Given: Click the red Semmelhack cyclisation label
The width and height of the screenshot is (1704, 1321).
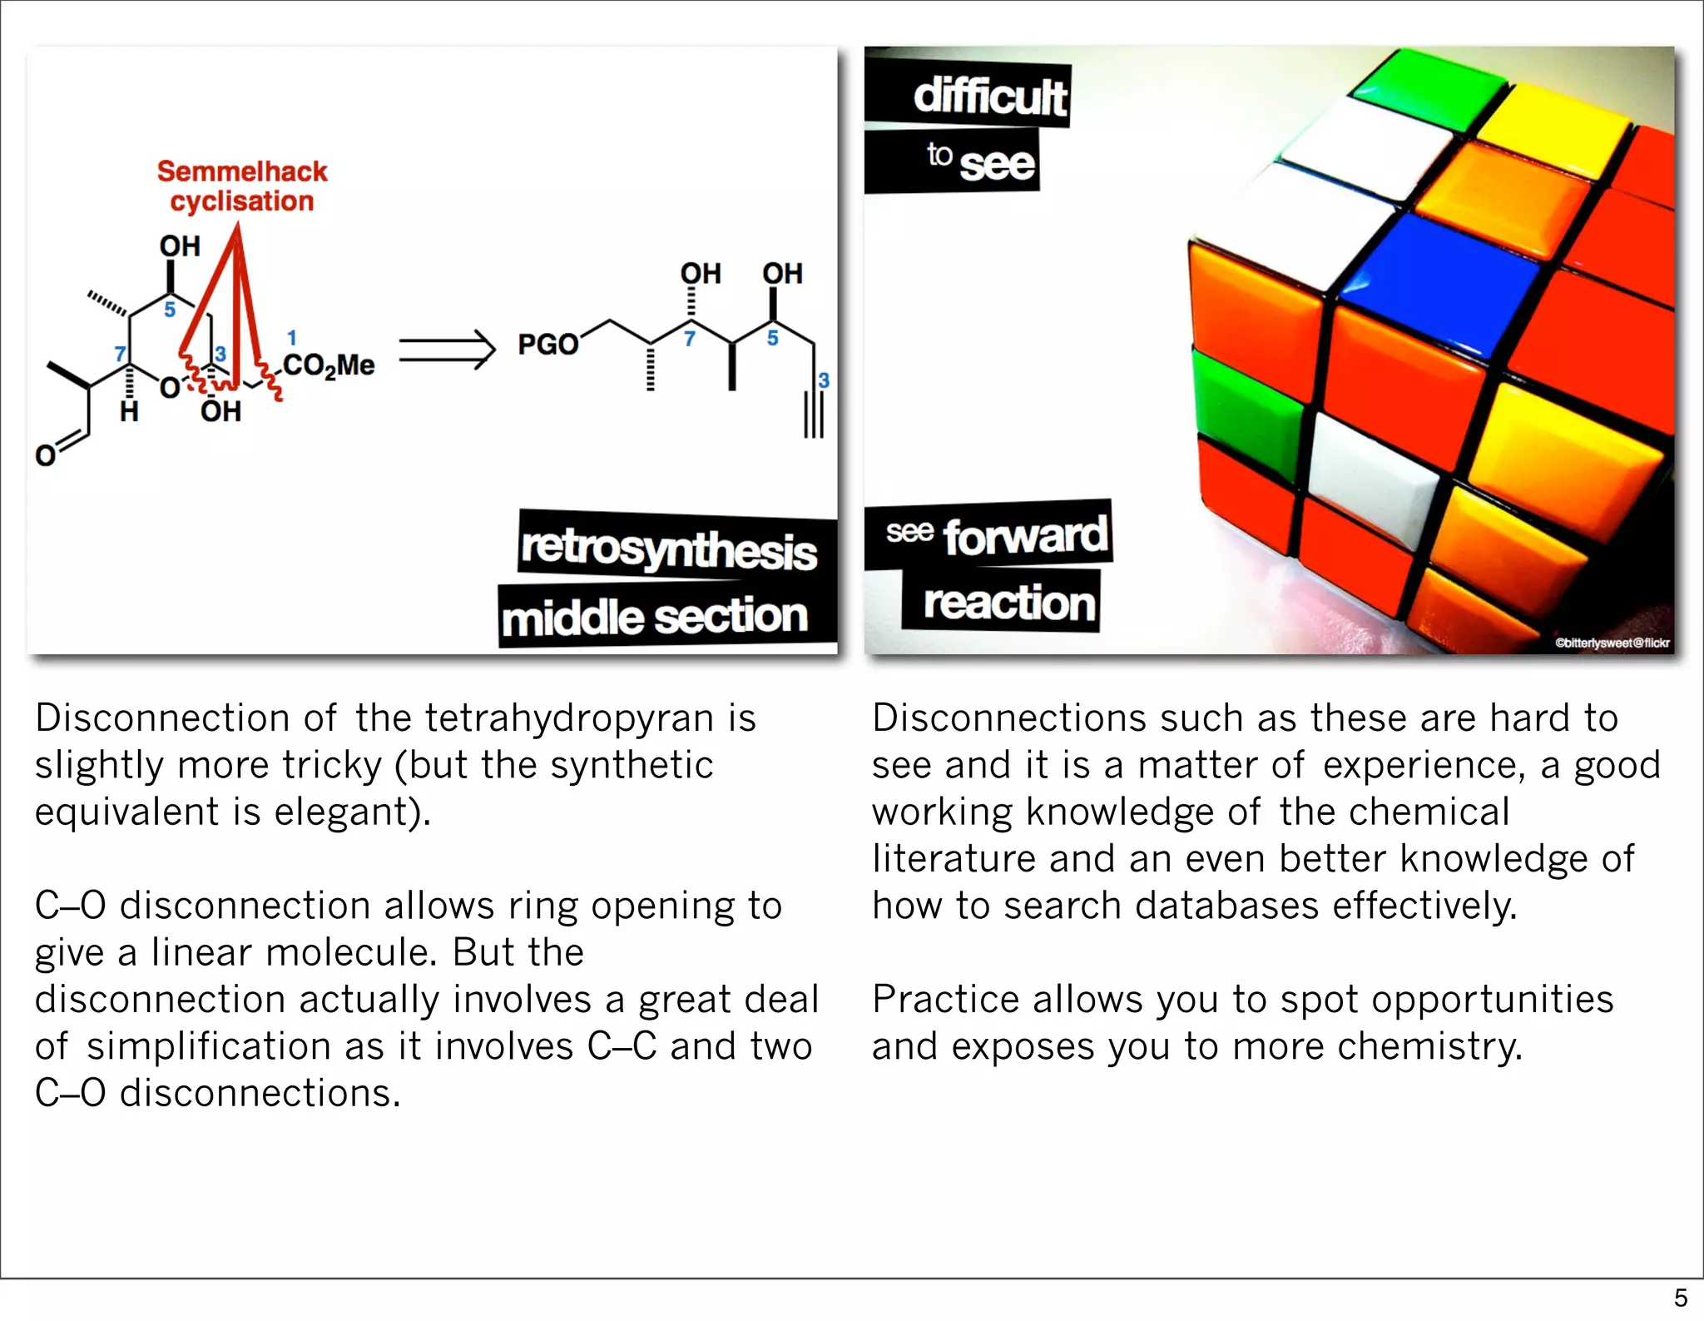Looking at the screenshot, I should click(x=241, y=186).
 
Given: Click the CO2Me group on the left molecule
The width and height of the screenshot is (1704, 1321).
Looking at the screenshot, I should click(x=328, y=365).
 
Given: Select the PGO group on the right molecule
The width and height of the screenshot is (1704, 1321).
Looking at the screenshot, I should click(x=547, y=344).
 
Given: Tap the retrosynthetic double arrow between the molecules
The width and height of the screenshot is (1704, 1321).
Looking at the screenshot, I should click(x=447, y=350).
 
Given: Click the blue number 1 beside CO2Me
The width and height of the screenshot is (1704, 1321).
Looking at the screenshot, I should click(x=291, y=337).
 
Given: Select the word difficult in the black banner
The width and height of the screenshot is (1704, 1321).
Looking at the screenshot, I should click(x=989, y=97).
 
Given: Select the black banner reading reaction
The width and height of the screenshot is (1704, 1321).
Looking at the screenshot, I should click(x=1008, y=603).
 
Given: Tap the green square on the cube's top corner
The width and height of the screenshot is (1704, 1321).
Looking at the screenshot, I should click(x=1429, y=87).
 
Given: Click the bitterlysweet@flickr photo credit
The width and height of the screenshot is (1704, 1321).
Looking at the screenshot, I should click(x=1612, y=643).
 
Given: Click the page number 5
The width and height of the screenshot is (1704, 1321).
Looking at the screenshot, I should click(x=1680, y=1298).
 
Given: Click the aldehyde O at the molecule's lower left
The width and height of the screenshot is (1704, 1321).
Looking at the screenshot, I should click(x=45, y=454).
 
